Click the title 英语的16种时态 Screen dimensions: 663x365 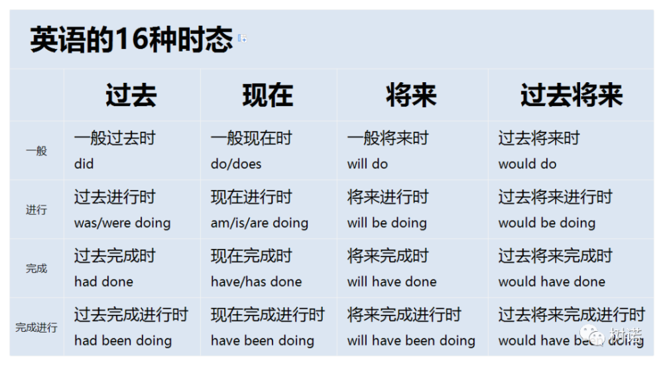point(131,39)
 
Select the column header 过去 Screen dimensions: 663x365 point(131,95)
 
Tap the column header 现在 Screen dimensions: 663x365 point(268,95)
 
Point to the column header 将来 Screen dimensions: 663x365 point(411,95)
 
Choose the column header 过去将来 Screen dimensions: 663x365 point(572,95)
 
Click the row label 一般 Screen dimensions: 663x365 point(36,151)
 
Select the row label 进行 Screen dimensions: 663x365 point(36,209)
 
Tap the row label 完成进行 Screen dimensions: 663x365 point(36,327)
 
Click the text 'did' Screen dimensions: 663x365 point(84,164)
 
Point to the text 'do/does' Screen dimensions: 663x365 point(236,164)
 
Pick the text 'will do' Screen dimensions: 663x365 point(367,164)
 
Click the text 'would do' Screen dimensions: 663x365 point(527,164)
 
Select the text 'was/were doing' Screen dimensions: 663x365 point(122,223)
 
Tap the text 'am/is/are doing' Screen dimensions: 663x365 point(259,223)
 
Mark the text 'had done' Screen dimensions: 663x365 point(103,282)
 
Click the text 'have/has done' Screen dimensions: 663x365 point(256,282)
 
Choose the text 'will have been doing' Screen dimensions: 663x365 point(411,340)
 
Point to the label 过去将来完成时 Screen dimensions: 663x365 point(555,256)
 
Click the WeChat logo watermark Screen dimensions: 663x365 point(592,335)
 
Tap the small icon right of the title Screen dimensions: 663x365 point(242,38)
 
